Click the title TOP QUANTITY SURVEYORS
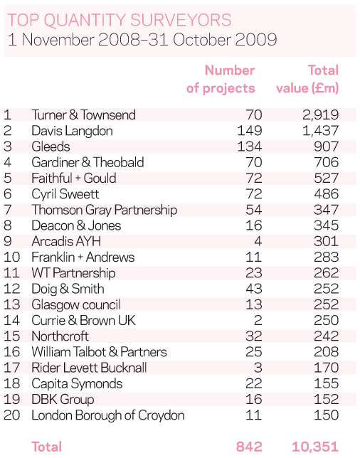[120, 20]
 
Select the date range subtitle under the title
[142, 40]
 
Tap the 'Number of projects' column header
[221, 79]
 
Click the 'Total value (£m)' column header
[307, 79]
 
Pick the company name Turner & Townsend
[83, 114]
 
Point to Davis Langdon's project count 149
[250, 131]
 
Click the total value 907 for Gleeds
[327, 147]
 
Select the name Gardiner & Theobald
[88, 162]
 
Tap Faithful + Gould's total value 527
[327, 178]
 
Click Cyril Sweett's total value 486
[327, 193]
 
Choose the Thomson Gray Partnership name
[105, 210]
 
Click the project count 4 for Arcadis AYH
[258, 241]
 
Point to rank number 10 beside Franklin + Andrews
[11, 257]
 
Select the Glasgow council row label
[76, 305]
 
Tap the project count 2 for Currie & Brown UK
[258, 320]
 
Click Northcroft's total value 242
[327, 336]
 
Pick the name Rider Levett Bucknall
[89, 368]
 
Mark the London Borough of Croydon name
[108, 415]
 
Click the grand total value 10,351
[315, 447]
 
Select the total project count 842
[249, 447]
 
